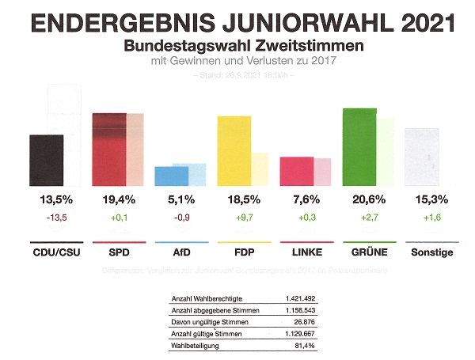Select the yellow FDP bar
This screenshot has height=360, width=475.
[234, 150]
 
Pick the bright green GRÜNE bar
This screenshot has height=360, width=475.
[359, 146]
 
